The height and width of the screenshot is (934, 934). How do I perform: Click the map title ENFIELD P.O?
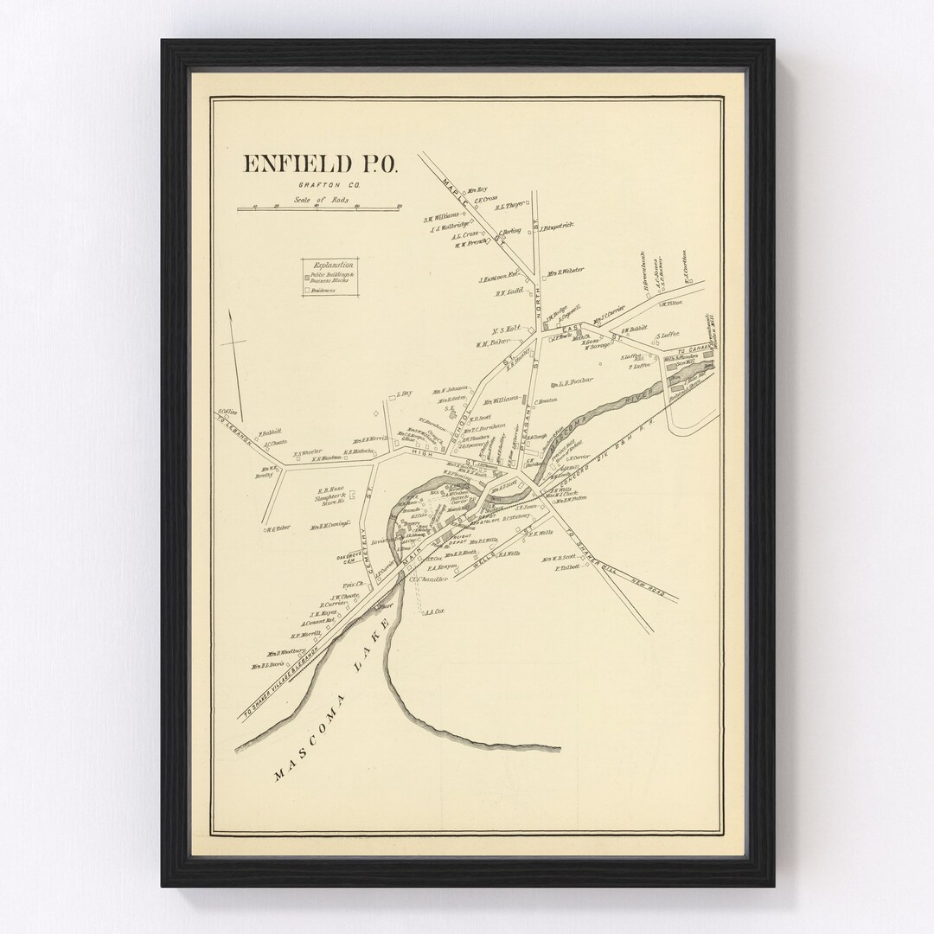tap(319, 164)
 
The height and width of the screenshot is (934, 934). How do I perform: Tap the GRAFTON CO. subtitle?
tap(319, 185)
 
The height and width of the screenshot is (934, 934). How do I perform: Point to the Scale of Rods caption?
tap(317, 200)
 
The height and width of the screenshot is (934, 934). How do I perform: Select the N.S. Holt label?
tap(503, 329)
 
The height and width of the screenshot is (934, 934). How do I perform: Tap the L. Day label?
tap(405, 394)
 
